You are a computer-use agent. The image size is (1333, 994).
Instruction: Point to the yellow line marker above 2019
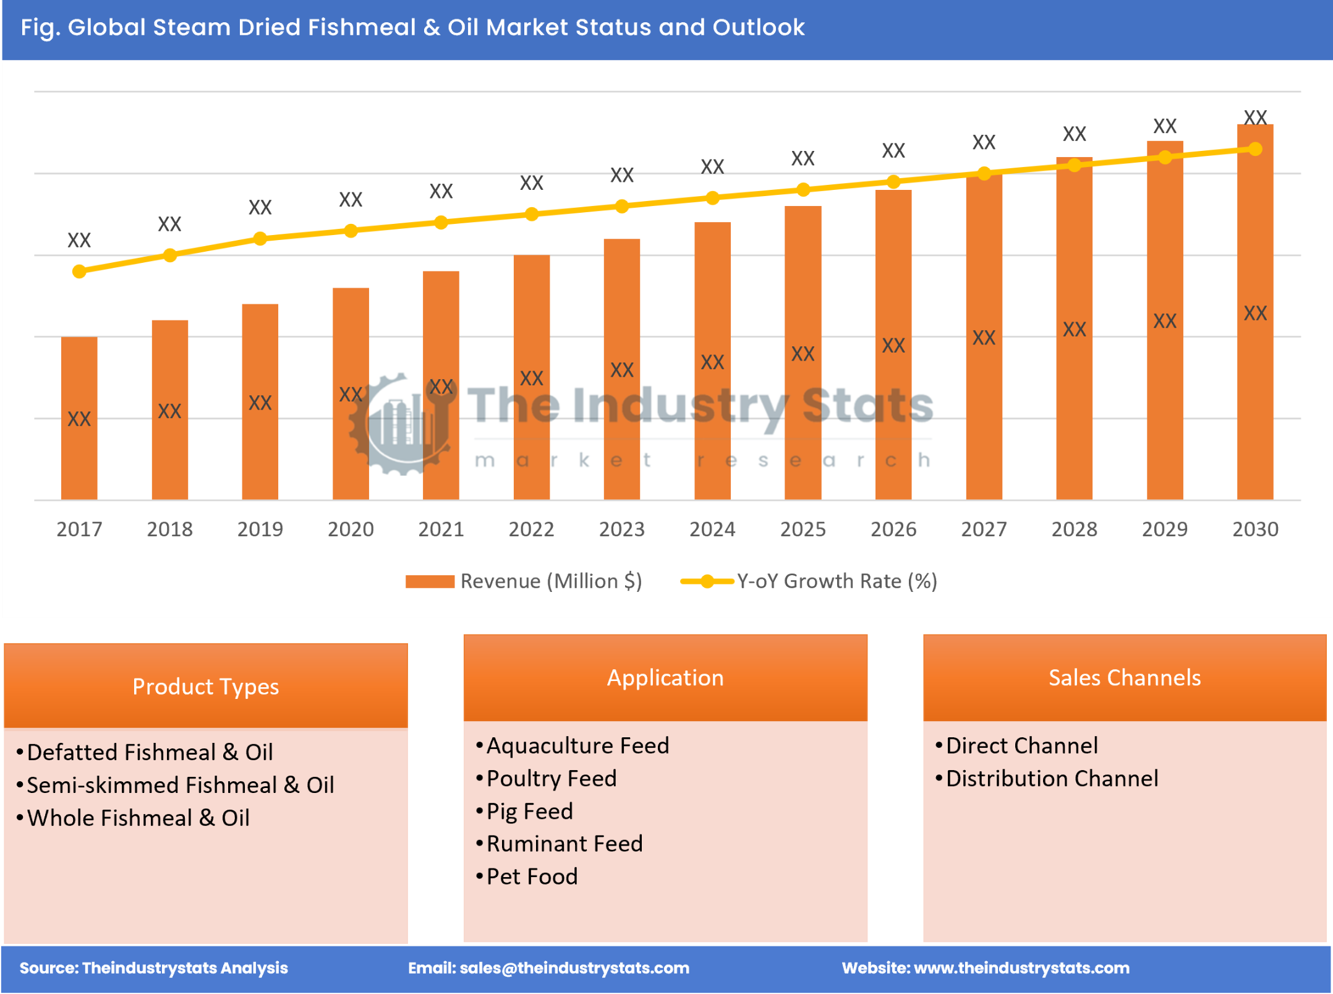point(260,239)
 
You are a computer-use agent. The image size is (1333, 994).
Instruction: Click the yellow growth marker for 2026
point(893,182)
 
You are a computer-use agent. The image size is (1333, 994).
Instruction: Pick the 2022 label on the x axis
point(531,529)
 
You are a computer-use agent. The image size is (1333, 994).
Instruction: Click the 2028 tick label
point(1074,529)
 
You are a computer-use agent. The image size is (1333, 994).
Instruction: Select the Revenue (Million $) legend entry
point(524,581)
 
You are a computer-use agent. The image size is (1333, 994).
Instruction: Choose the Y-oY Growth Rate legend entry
point(809,581)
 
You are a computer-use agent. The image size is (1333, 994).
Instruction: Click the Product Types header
point(205,687)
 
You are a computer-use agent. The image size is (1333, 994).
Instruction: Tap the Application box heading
point(665,678)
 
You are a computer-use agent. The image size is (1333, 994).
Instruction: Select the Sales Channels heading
point(1125,678)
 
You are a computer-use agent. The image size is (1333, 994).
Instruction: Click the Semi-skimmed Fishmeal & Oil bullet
point(180,786)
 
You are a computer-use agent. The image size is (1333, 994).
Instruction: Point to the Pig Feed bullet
point(529,812)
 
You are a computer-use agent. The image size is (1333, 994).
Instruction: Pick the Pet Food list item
point(532,877)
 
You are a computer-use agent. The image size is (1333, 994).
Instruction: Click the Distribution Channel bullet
point(1052,779)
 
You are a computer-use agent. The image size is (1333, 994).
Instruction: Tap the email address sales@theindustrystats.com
point(574,968)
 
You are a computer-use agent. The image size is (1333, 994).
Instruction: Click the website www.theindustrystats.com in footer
point(1021,968)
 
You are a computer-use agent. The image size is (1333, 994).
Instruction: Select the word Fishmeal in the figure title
point(362,27)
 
